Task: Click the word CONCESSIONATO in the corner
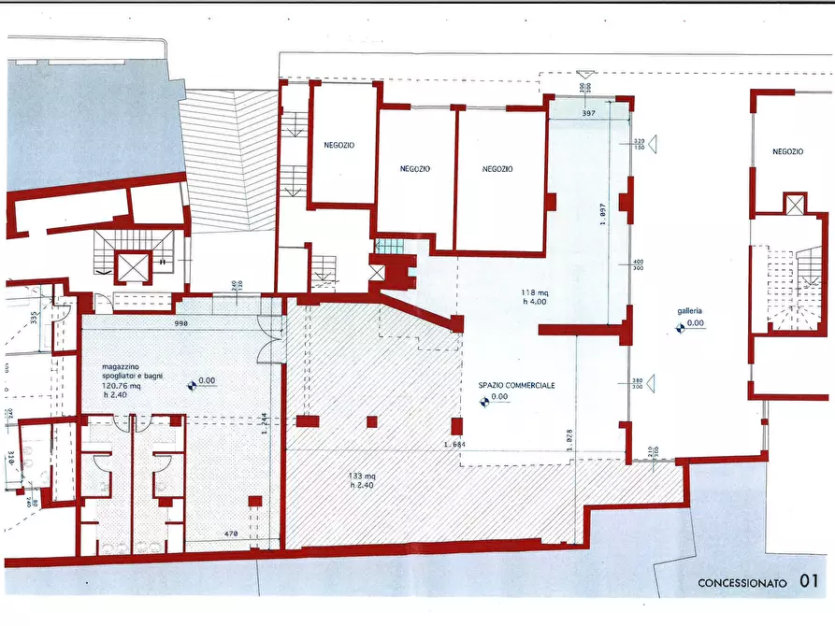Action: (743, 583)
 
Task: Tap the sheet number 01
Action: (811, 582)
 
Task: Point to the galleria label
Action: (690, 311)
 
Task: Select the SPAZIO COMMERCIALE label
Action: (517, 385)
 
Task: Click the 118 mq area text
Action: (535, 292)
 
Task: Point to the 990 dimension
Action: (180, 323)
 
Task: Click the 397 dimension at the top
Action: (588, 113)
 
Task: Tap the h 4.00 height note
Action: (535, 302)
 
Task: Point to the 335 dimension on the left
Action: (34, 316)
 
